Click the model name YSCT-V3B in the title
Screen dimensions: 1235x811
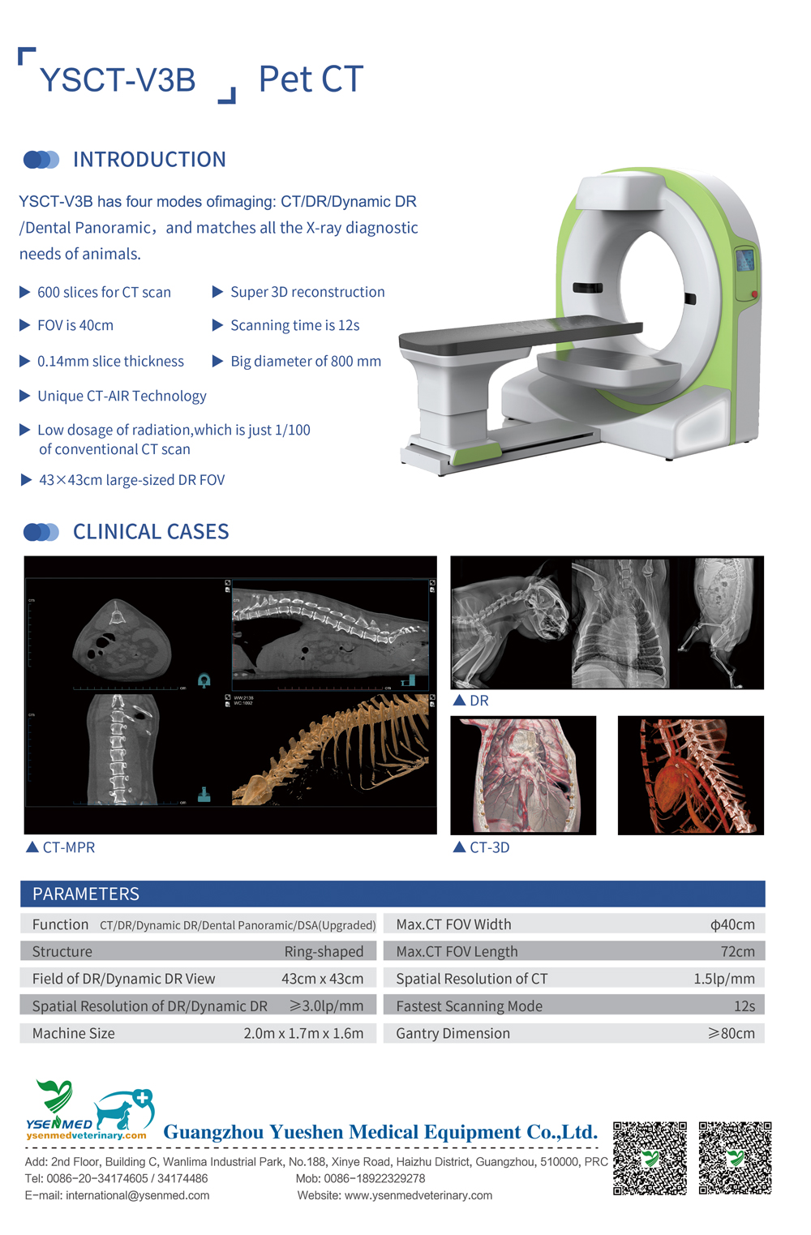118,80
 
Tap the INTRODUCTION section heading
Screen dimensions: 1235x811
149,160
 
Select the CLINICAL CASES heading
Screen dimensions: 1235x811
151,532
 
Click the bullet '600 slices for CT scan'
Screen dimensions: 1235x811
104,292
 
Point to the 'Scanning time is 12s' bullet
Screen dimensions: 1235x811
294,325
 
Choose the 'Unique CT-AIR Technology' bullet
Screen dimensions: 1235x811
122,396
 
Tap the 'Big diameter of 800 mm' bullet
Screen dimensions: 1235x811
305,361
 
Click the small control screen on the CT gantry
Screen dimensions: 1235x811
744,261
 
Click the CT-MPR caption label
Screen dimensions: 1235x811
68,847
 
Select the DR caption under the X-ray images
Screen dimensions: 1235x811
478,701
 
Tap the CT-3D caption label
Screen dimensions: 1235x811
489,847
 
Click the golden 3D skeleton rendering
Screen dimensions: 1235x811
341,750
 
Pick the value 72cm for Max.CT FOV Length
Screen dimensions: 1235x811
737,951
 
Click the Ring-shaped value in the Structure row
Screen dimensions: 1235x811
324,951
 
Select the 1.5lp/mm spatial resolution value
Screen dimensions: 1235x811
723,979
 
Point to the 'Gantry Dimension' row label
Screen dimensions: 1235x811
453,1033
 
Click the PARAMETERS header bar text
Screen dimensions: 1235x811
86,894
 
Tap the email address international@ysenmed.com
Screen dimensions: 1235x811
137,1195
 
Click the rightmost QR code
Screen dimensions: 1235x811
735,1158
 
